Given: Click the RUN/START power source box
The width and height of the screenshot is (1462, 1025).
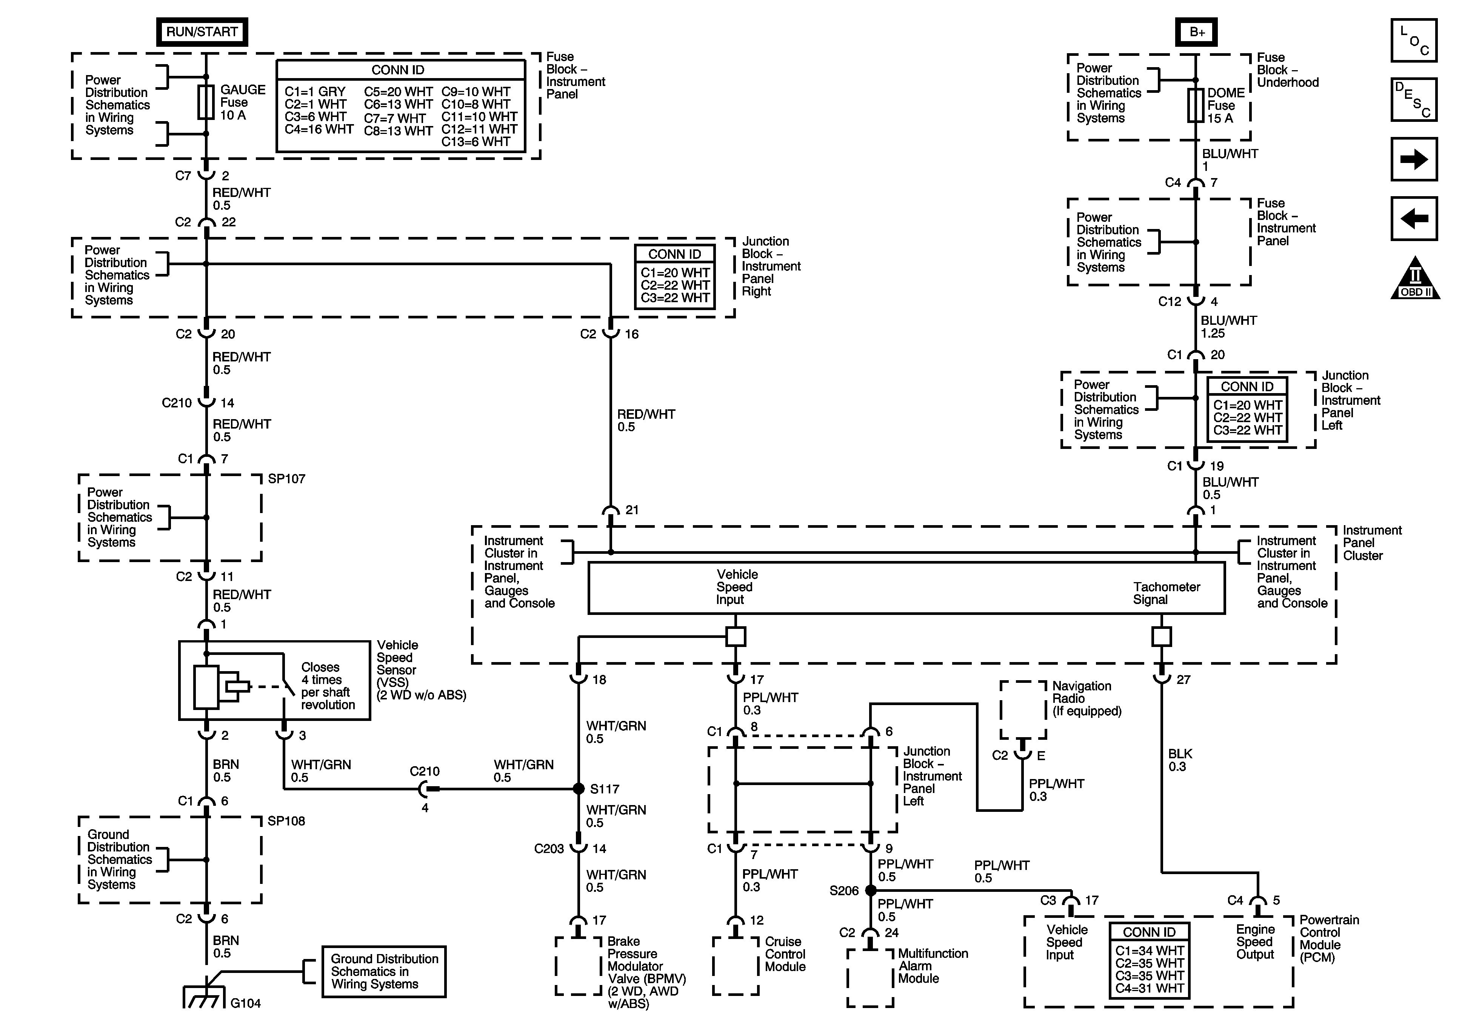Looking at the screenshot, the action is [202, 32].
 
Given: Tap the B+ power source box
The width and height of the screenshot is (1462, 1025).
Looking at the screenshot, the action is [1196, 32].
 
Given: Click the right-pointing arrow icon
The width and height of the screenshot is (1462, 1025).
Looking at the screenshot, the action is [1414, 159].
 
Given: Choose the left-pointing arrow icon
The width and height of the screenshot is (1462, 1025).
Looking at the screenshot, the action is [1414, 218].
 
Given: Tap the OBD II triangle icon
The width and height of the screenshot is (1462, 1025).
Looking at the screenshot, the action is [1415, 278].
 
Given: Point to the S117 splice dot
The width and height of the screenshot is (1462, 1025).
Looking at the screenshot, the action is [578, 789].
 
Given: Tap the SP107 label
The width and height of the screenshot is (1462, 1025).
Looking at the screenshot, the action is [286, 479].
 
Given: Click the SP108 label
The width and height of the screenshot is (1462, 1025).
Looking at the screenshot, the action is [286, 821].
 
